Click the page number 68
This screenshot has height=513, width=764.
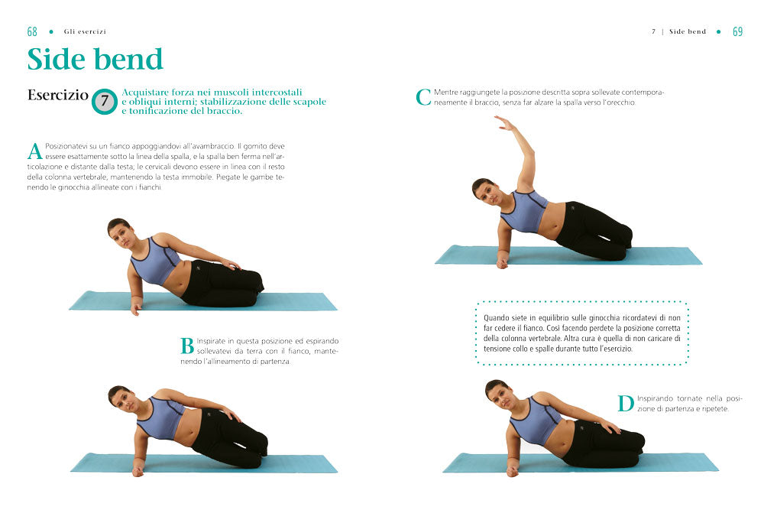coord(32,32)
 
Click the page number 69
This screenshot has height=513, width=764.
coord(737,32)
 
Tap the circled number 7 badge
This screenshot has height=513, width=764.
coord(105,102)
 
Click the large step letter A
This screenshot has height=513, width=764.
coord(34,151)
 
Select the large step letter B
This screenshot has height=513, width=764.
coord(187,346)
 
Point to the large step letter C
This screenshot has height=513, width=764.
coord(424,97)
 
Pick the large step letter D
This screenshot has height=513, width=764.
coord(626,404)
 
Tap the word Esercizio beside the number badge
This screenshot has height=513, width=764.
coord(57,96)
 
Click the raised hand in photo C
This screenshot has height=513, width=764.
coord(502,122)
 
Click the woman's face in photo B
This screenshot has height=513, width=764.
coord(121,398)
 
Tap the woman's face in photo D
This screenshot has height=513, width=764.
coord(497,393)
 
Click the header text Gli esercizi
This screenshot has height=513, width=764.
coord(85,32)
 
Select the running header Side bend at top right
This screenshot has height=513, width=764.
coord(688,32)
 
